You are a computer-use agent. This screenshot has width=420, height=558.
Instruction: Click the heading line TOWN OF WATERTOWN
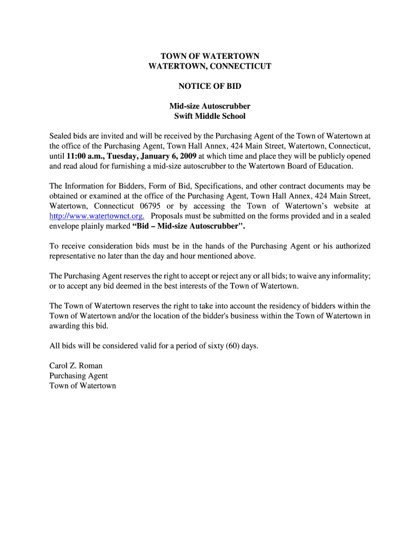[x=210, y=56]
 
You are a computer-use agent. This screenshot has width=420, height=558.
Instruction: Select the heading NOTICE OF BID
[x=210, y=86]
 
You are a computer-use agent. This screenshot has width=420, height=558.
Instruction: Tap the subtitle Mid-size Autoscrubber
[x=210, y=106]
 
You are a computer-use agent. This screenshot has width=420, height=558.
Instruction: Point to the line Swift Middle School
[x=210, y=116]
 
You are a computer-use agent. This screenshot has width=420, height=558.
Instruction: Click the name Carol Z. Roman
[x=76, y=366]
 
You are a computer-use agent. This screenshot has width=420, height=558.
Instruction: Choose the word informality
[x=351, y=276]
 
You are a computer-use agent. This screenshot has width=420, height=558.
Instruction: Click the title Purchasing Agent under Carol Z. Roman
[x=79, y=375]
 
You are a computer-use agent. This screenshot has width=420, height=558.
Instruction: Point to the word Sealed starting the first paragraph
[x=61, y=136]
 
